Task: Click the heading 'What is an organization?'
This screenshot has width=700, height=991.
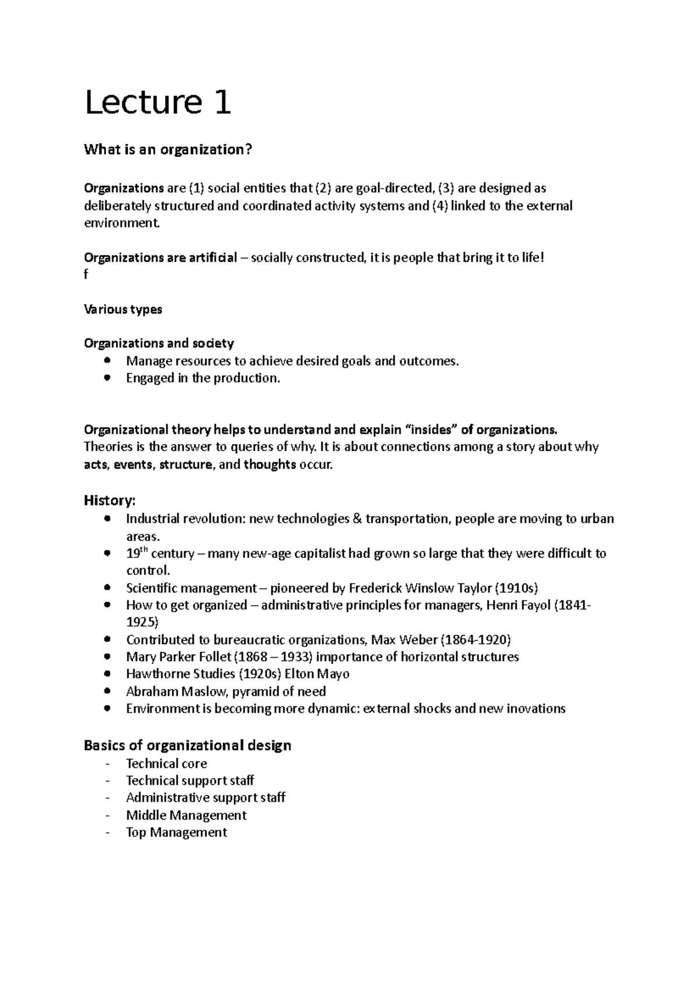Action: [168, 150]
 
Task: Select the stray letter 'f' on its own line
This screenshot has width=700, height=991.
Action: [86, 275]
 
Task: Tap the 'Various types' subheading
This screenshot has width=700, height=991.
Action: [123, 309]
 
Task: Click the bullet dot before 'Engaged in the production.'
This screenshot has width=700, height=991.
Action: [106, 378]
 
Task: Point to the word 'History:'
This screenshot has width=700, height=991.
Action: [110, 500]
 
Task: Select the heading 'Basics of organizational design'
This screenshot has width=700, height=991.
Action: [187, 745]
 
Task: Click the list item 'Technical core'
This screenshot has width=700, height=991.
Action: [166, 763]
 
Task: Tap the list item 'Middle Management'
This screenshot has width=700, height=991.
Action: [186, 815]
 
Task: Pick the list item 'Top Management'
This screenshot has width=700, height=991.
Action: [176, 832]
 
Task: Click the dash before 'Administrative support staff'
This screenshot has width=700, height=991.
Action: [107, 798]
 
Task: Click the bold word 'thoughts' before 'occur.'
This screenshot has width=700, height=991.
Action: [269, 465]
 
